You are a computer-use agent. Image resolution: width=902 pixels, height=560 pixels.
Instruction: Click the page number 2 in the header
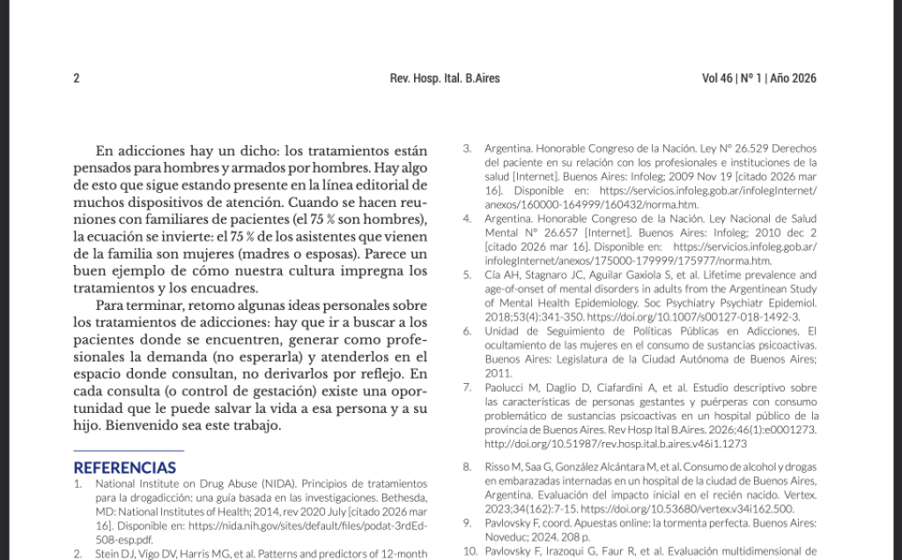click(x=77, y=78)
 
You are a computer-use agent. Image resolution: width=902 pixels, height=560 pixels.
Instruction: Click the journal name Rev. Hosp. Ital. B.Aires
click(x=444, y=78)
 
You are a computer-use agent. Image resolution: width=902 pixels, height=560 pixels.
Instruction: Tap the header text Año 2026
click(x=793, y=78)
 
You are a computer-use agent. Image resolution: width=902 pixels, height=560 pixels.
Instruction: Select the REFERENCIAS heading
click(x=124, y=468)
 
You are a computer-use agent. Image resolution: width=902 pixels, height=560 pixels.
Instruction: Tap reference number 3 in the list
click(x=467, y=148)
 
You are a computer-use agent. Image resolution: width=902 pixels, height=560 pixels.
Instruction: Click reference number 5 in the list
click(x=467, y=275)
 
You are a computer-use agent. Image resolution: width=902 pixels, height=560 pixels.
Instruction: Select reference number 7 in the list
click(x=467, y=387)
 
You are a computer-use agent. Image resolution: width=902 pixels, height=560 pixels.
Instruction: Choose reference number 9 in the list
click(x=467, y=523)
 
